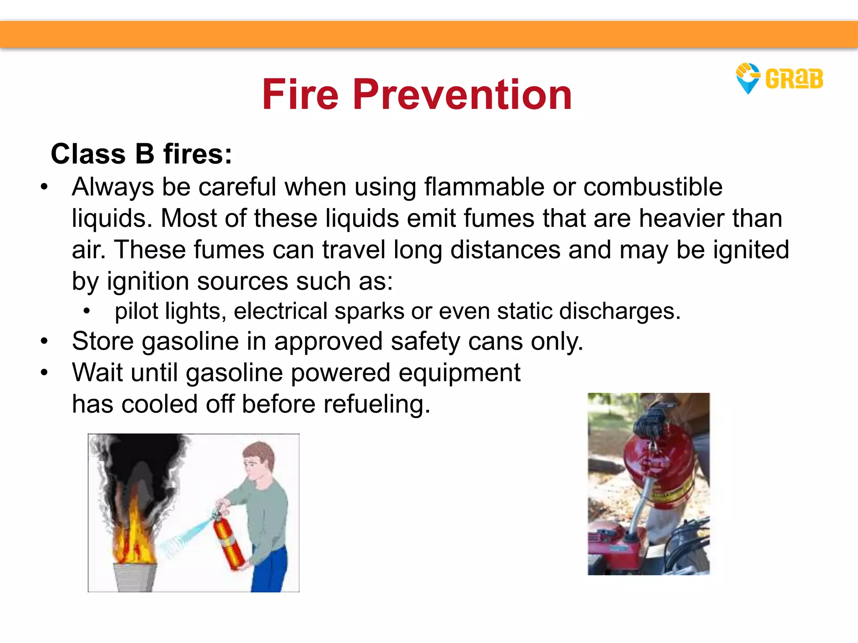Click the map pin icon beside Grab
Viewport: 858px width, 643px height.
click(747, 78)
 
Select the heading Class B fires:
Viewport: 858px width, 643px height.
click(141, 154)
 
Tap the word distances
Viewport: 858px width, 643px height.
click(505, 250)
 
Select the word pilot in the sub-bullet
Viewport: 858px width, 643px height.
click(137, 311)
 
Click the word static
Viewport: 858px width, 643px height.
click(524, 311)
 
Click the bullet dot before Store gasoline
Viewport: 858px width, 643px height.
click(44, 341)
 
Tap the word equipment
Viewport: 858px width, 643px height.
click(459, 373)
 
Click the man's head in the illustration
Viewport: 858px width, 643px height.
click(258, 460)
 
